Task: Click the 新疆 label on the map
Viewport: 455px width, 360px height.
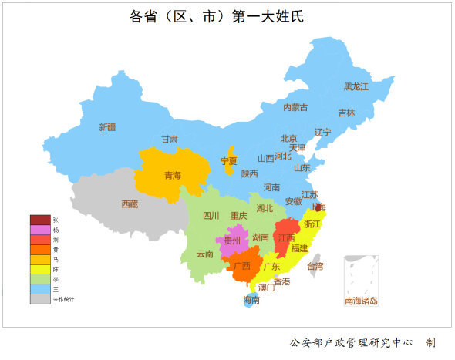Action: click(107, 127)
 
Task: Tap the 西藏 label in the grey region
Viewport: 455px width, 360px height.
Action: click(130, 204)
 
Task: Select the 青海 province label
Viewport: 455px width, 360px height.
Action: click(173, 176)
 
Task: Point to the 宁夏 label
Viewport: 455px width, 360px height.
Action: click(229, 161)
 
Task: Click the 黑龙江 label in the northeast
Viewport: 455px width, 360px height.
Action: click(356, 86)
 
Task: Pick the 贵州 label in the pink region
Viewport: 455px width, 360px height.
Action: click(232, 241)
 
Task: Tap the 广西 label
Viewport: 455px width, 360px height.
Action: click(241, 266)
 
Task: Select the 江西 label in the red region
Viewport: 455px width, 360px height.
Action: click(286, 237)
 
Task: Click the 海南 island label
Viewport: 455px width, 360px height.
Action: click(251, 299)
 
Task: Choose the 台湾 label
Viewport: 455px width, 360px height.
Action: click(315, 266)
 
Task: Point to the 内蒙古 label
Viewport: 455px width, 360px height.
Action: click(295, 107)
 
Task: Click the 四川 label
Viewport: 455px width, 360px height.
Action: click(211, 216)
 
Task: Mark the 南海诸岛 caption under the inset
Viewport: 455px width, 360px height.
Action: click(361, 301)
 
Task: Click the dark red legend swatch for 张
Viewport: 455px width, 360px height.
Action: click(40, 220)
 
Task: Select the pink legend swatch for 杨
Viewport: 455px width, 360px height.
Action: click(40, 230)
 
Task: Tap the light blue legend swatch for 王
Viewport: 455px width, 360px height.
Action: click(40, 289)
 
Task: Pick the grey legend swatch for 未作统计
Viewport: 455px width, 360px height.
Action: click(40, 299)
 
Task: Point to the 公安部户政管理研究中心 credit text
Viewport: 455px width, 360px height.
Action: click(351, 341)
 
